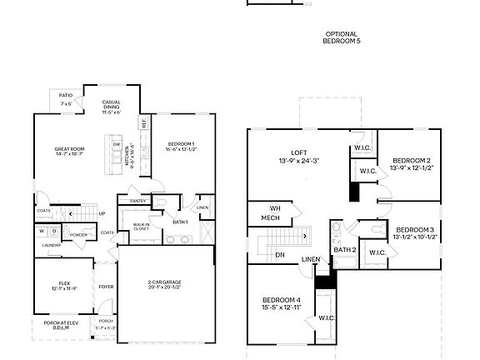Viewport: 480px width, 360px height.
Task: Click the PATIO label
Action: pos(66,96)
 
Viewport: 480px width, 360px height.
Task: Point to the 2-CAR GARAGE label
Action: pos(166,282)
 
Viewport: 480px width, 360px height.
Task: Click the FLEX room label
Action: pos(64,283)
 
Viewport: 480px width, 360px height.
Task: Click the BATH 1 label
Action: pos(181,221)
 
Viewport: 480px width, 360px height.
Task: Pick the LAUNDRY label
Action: pos(52,245)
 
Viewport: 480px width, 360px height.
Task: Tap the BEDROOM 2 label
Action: pos(411,160)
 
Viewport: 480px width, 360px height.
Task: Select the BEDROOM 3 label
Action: pos(415,229)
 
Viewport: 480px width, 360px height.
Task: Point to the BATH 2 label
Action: pos(345,249)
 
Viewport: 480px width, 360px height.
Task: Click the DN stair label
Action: pos(280,255)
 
